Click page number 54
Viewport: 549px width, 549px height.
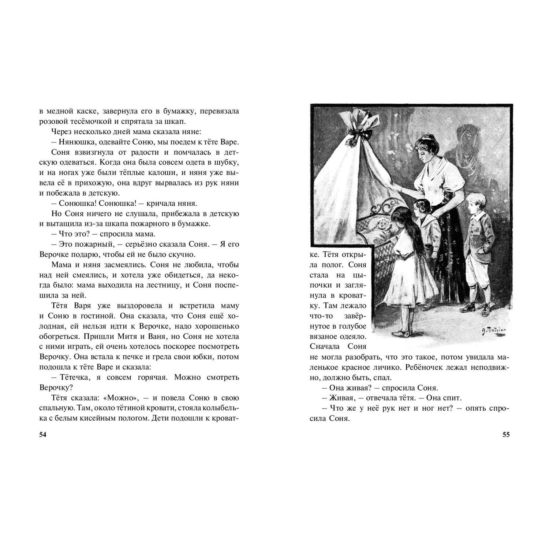click(x=43, y=435)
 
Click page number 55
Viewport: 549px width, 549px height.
click(x=506, y=435)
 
